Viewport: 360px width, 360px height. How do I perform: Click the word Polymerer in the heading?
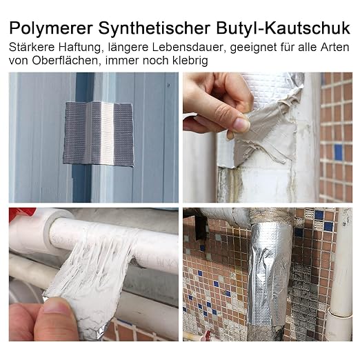pos(51,28)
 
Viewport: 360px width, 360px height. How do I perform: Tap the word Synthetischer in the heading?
pos(154,28)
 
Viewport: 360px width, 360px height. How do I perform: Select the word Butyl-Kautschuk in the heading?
pos(283,28)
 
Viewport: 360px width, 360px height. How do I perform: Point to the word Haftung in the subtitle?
pos(79,48)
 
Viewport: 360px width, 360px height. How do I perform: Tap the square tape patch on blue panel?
pos(99,133)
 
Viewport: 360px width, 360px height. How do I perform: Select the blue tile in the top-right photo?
pos(338,152)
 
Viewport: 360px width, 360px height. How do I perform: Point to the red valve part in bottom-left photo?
pos(22,213)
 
